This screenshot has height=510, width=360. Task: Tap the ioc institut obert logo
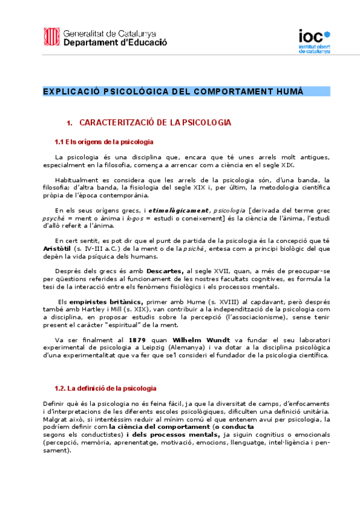(x=314, y=41)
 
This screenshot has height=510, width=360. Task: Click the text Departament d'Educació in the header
(x=115, y=43)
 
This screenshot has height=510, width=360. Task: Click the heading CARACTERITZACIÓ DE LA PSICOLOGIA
(x=155, y=123)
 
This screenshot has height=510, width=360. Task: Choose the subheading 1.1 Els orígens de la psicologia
(x=103, y=142)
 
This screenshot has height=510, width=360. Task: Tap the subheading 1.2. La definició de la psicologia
(x=105, y=389)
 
